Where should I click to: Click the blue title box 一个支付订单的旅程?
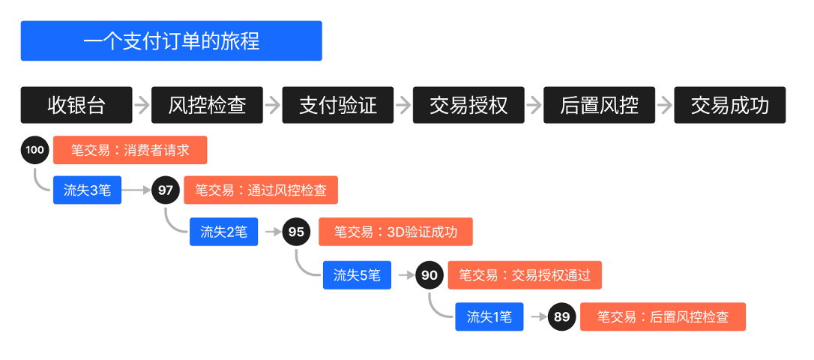[x=171, y=40]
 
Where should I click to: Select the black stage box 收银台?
[x=76, y=105]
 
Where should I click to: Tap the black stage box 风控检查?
[x=207, y=105]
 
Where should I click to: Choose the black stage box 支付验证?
[x=337, y=105]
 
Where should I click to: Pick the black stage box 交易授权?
[x=468, y=105]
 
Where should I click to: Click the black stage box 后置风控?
[x=599, y=105]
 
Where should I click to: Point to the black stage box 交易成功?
[x=730, y=105]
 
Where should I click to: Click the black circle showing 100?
[x=34, y=150]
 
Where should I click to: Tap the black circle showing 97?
[x=166, y=190]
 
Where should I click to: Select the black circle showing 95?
[x=296, y=232]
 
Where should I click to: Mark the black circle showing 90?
[x=429, y=275]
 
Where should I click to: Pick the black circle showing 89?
[x=561, y=316]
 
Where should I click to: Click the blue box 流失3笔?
[x=87, y=190]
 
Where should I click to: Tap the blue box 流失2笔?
[x=223, y=232]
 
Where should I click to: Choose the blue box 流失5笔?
[x=357, y=275]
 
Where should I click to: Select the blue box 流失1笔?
[x=489, y=316]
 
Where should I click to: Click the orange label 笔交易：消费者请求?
[x=130, y=150]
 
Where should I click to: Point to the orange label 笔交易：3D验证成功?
[x=395, y=232]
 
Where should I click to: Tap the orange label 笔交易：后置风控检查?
[x=662, y=316]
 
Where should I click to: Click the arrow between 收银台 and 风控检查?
[x=142, y=105]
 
